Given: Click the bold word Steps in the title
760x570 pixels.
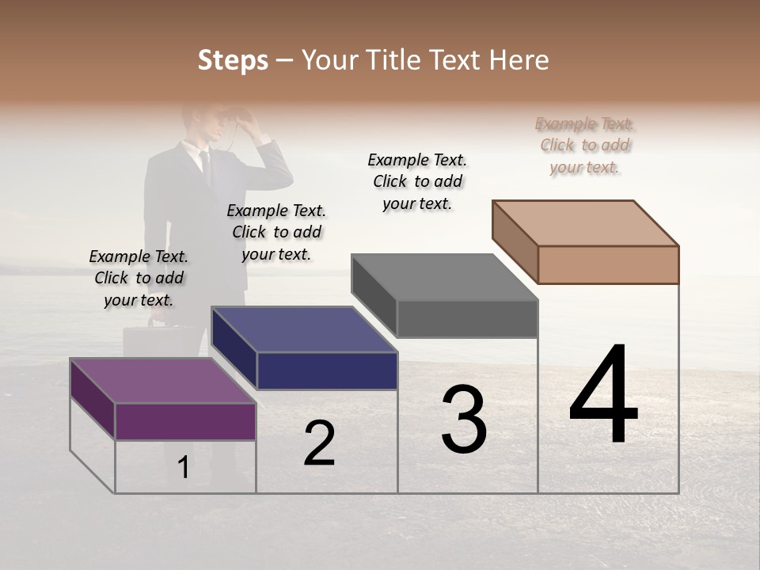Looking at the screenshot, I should click(233, 60).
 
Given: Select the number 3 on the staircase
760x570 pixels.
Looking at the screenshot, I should click(463, 419).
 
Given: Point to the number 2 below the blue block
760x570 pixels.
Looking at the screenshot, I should click(319, 443).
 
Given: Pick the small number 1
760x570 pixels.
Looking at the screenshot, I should click(183, 468).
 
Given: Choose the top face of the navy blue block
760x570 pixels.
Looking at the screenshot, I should click(305, 329).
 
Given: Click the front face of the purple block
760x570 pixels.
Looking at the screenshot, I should click(185, 421).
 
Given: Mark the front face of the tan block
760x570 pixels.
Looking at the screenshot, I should click(608, 264).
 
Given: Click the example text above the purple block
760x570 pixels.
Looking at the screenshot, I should click(139, 278).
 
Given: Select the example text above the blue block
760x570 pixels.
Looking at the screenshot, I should click(276, 232).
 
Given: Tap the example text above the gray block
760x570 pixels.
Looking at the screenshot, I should click(417, 181).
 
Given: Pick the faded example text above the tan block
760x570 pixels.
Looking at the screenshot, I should click(585, 145).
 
